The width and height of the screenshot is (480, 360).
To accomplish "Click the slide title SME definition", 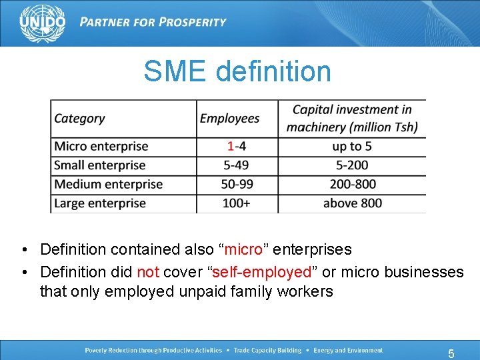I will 237,71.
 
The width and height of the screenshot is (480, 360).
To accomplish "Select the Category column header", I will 79,119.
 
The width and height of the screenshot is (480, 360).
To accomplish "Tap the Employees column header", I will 229,119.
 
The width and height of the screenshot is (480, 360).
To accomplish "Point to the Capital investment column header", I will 352,118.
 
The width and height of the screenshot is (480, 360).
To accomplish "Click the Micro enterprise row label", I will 101,146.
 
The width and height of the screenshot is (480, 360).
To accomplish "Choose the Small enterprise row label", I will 99,165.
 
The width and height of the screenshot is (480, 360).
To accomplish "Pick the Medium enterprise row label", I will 108,184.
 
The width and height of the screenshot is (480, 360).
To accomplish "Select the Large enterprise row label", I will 99,203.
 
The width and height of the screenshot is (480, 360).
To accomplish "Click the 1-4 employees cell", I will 236,146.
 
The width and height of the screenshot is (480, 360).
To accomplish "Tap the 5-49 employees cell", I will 236,165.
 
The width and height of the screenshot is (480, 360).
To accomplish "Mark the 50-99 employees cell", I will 236,184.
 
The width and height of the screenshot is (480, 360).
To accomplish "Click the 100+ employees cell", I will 236,203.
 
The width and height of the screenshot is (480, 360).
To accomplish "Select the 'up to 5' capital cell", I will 352,146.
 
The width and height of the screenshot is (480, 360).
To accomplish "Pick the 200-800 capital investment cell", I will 352,184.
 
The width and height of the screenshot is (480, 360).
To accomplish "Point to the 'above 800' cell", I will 352,203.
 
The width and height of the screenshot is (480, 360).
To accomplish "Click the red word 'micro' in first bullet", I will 243,250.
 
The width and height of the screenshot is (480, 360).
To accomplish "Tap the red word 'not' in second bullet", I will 148,272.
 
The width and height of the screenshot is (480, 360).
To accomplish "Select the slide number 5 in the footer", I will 451,353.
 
